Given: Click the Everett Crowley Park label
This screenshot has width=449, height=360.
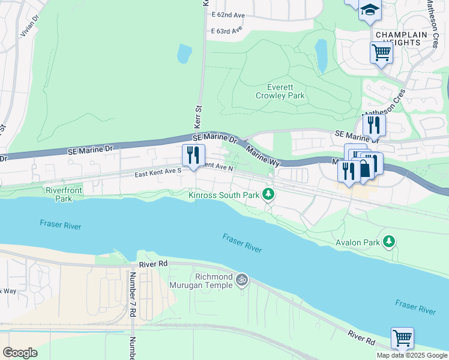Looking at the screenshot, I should point(280,91).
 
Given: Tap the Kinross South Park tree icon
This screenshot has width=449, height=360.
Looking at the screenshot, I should point(270,194).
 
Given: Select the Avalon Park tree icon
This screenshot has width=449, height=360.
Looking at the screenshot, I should point(390,242).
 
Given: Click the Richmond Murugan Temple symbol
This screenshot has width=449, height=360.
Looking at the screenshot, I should point(242,280).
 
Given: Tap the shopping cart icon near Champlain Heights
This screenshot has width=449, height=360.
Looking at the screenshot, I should point(381,53).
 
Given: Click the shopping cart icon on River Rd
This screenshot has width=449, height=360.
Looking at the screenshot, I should point(402,337).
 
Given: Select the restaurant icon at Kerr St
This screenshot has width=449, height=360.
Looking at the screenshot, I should point(193,155).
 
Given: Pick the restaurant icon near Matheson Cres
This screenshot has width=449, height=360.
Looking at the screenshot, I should point(373,125).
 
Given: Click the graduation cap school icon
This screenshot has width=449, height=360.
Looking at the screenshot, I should point(370,10).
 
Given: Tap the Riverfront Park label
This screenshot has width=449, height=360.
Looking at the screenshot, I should point(63,194).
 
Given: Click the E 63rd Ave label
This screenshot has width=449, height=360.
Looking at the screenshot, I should point(227,29).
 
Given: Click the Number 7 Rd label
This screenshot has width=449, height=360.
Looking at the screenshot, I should point(133,295).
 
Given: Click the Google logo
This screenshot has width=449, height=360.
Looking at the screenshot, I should point(20,353).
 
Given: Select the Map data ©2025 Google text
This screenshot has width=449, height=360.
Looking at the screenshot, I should point(412,355).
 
